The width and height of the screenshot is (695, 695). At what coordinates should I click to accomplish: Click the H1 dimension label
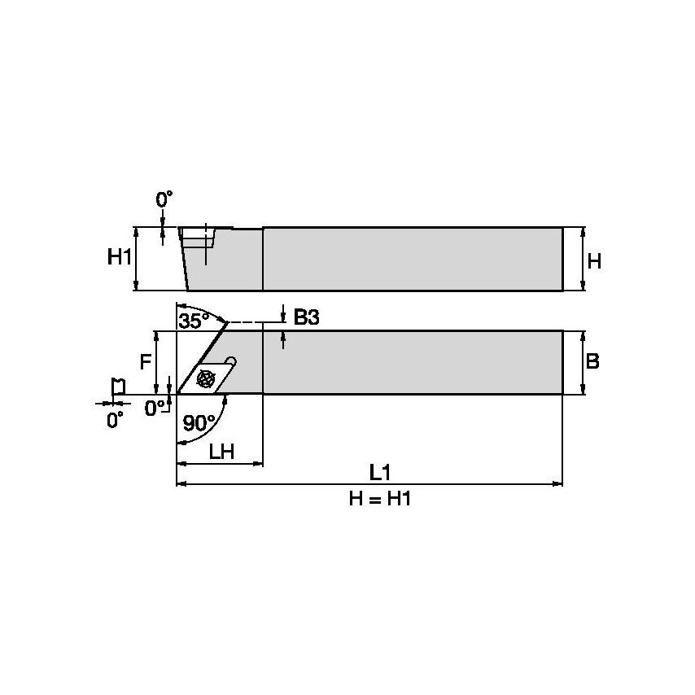(x=120, y=258)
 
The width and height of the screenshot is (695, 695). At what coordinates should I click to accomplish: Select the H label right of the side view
(x=594, y=261)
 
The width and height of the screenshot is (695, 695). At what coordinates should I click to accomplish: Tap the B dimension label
(x=593, y=361)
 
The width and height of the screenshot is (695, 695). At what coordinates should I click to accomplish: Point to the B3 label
(x=306, y=318)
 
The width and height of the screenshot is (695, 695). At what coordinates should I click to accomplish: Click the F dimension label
(x=145, y=361)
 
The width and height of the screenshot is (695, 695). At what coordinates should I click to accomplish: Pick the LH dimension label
(x=221, y=452)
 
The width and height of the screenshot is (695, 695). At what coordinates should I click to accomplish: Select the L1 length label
(x=380, y=472)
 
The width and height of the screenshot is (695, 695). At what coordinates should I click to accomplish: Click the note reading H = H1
(x=380, y=499)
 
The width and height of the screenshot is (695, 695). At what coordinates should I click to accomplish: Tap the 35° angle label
(x=194, y=321)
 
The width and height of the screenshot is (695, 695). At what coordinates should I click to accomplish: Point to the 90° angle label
(x=199, y=422)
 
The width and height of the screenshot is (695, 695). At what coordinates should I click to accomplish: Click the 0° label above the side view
(x=164, y=199)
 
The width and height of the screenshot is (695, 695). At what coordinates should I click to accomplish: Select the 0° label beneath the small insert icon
(x=116, y=420)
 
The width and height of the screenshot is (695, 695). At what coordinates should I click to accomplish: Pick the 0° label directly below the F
(x=155, y=408)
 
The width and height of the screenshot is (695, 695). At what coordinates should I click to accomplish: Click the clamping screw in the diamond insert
(x=205, y=378)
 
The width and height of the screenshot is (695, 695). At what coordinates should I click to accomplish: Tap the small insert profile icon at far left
(x=117, y=387)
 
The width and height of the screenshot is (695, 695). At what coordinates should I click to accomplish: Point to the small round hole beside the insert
(x=231, y=361)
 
